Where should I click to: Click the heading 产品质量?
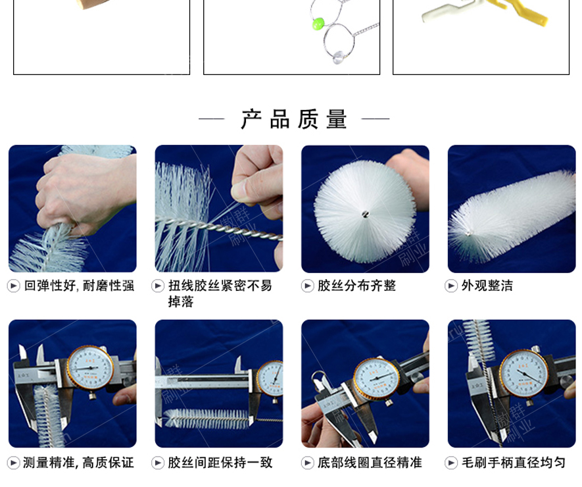pos(293,120)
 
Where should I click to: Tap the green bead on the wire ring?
pos(318,24)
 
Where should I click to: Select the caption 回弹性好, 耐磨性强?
pos(79,286)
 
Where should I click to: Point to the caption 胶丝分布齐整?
pos(356,286)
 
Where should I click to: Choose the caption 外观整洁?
pos(487,286)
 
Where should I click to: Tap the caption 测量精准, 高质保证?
pos(78,463)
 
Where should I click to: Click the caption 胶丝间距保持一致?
pos(220,463)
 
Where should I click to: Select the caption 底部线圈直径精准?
pos(370,463)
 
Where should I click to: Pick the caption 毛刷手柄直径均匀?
pos(513,463)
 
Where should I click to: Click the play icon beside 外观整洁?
pos(451,286)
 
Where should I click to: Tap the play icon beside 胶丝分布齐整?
pos(307,286)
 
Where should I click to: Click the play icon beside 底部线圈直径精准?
pos(307,463)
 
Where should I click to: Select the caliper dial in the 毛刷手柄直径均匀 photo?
pos(523,373)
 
